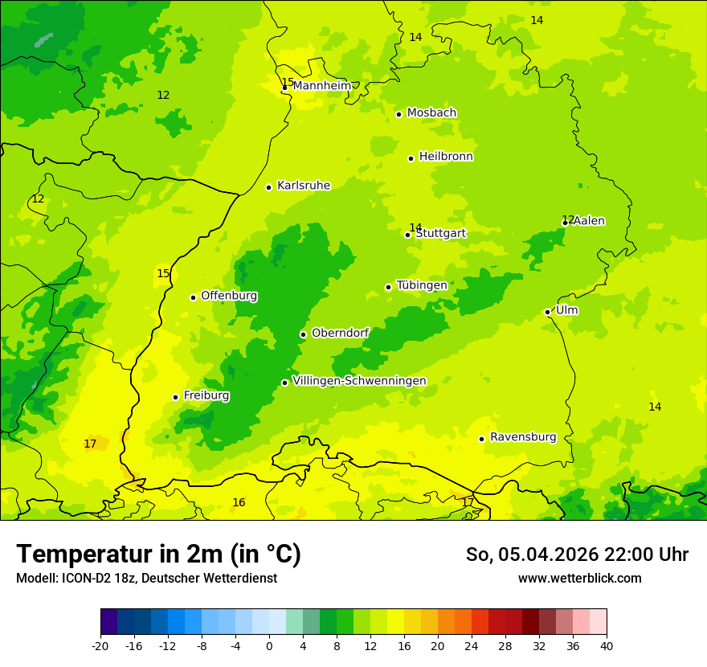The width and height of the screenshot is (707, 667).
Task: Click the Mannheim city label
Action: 322,86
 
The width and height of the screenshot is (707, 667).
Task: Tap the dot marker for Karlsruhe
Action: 268,187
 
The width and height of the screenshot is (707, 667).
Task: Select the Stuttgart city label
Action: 440,234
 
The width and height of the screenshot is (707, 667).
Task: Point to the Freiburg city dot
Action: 175,397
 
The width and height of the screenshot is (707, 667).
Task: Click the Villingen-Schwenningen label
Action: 359,381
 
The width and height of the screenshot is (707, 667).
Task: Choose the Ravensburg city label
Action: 523,437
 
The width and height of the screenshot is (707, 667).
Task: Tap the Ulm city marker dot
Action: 547,312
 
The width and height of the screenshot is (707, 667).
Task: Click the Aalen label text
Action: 589,221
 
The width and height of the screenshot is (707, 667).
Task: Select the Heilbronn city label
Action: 446,157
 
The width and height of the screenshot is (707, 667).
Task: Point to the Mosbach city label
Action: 431,113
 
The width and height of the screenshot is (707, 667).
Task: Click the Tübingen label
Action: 422,285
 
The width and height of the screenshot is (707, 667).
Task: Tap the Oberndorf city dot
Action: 303,334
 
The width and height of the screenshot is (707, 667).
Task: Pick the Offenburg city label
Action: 229,296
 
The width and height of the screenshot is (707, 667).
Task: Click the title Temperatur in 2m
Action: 158,554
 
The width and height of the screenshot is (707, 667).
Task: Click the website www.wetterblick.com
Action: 579,578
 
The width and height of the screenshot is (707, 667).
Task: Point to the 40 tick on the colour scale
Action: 606,646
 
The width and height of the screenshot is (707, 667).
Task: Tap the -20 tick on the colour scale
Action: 100,646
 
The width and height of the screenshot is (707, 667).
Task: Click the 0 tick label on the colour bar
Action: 269,646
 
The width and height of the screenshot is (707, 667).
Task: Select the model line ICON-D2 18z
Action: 146,578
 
